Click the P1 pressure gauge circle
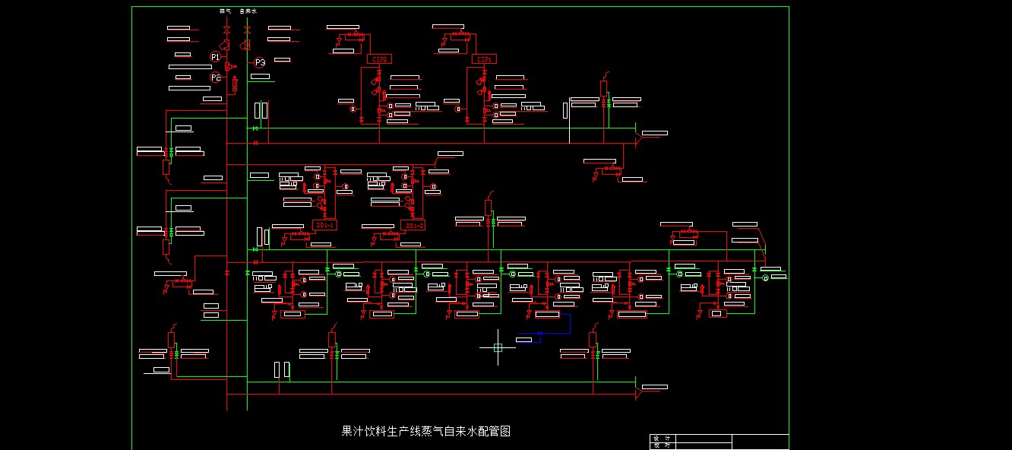tap(215, 57)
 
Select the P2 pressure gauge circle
tap(216, 78)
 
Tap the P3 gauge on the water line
tap(260, 62)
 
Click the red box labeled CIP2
tap(379, 59)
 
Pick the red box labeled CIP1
tap(484, 59)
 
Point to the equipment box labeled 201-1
tap(324, 225)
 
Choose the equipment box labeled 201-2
tap(413, 225)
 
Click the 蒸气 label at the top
tap(225, 11)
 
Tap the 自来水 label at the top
tap(248, 11)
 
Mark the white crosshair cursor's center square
tap(498, 347)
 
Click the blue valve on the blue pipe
tap(539, 333)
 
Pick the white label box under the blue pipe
tap(524, 339)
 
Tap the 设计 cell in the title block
tap(662, 438)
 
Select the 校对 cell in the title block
tap(662, 445)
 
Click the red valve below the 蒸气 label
tap(226, 30)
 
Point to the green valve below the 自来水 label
tap(248, 30)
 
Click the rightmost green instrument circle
tap(766, 278)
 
